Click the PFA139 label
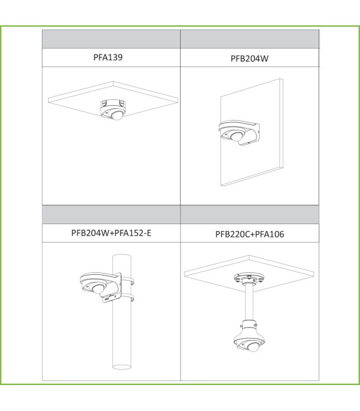[x=108, y=57]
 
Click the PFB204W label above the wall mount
[x=250, y=58]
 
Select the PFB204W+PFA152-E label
[x=112, y=233]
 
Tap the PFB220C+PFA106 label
[x=250, y=234]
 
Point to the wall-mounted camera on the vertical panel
[x=239, y=132]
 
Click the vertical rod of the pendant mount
[x=249, y=303]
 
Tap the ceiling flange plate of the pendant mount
[x=249, y=277]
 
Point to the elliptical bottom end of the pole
[x=122, y=367]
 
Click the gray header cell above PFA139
[x=112, y=39]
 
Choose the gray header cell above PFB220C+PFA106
[x=250, y=215]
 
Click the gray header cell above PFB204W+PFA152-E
[x=112, y=215]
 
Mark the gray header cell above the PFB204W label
[x=250, y=39]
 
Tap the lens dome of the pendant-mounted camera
[x=254, y=347]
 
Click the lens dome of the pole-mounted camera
[x=98, y=289]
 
